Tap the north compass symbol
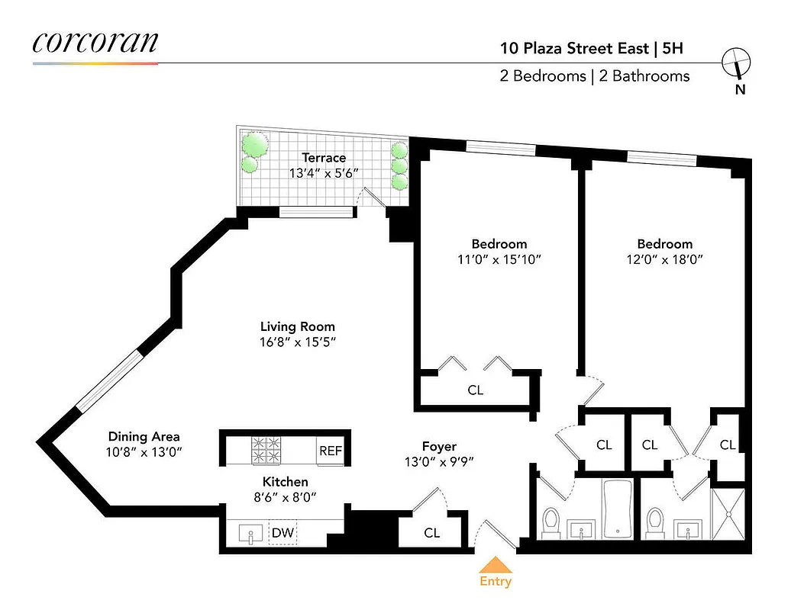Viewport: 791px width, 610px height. [x=737, y=63]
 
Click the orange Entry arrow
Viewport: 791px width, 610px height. [x=495, y=564]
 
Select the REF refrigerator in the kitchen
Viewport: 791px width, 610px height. [x=331, y=451]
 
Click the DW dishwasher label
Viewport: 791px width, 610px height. [x=282, y=533]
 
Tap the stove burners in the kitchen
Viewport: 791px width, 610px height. [x=267, y=450]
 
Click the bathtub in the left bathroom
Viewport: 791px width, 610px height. [x=615, y=508]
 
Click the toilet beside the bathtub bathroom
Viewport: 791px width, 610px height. [x=551, y=522]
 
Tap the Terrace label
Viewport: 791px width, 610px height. [x=324, y=158]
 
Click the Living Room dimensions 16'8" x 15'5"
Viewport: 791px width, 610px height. [x=298, y=342]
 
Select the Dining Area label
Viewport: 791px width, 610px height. [x=144, y=436]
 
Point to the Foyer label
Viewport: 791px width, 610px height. [x=439, y=446]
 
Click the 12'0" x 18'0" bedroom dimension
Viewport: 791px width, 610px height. [x=664, y=258]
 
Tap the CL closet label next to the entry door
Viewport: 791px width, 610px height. [x=432, y=533]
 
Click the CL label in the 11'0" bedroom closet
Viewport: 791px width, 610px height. [x=475, y=390]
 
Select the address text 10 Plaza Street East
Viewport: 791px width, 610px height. [x=573, y=49]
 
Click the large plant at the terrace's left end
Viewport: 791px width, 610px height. [x=254, y=143]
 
